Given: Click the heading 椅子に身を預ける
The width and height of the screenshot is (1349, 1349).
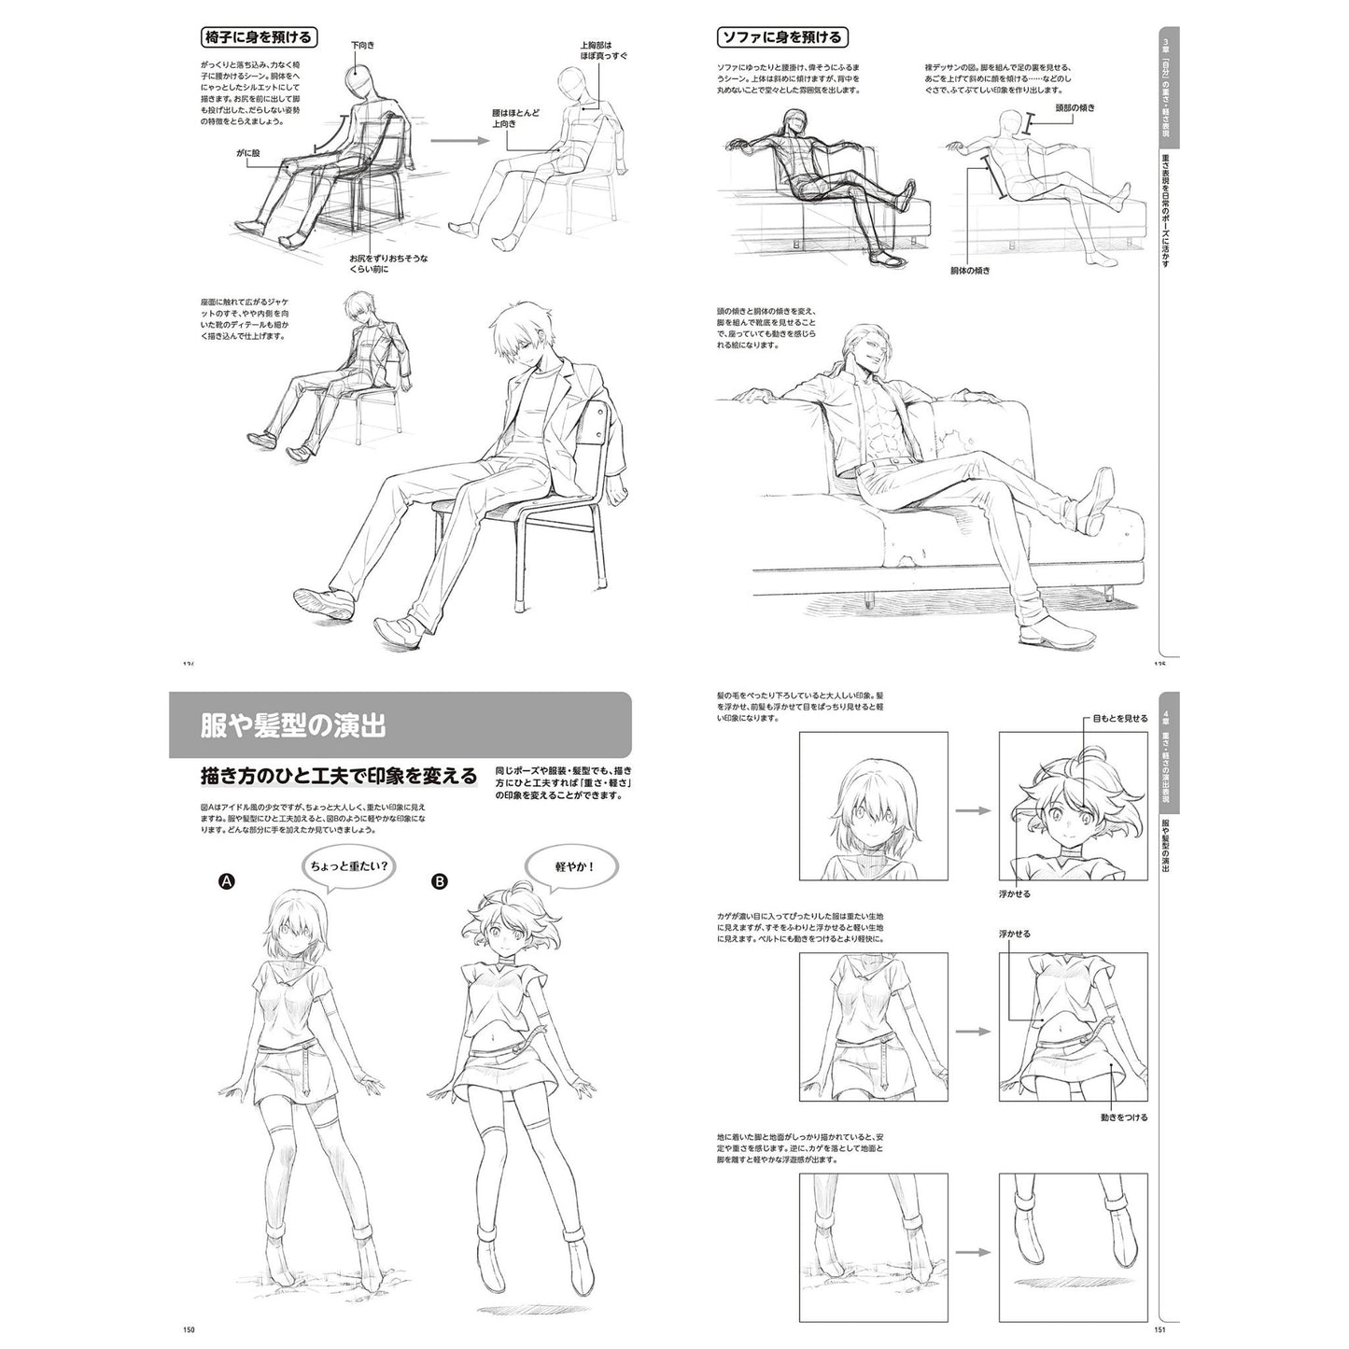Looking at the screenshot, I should tap(258, 37).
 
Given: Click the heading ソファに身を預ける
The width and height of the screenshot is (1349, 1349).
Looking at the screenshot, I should tap(780, 37).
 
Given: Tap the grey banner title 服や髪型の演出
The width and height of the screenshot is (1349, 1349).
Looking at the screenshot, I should tap(295, 725).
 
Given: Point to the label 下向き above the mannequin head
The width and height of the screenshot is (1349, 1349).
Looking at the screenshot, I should tap(361, 44).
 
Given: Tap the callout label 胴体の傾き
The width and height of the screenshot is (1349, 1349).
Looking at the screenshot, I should tap(970, 270).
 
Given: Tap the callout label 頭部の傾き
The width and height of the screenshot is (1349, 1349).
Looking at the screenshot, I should tap(1074, 108).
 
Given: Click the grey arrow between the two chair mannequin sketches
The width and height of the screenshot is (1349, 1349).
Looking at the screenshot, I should tap(459, 141).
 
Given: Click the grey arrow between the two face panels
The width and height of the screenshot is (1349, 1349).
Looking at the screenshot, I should tap(973, 809).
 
